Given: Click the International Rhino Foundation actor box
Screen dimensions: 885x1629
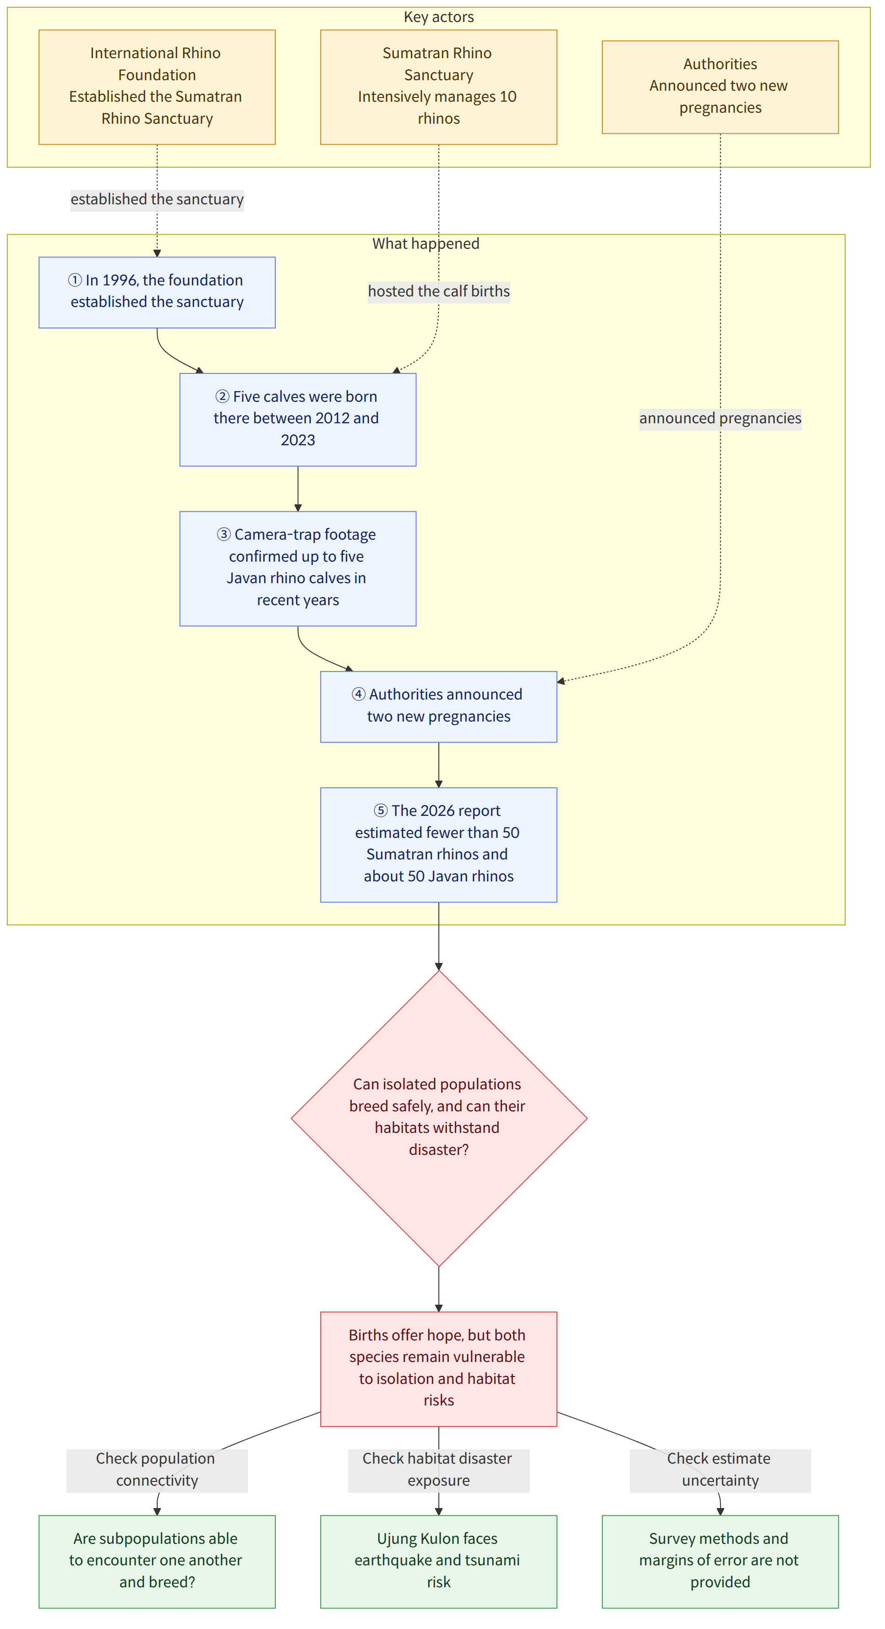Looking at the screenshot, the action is coord(157,87).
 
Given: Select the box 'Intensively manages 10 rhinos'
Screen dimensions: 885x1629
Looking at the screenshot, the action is coord(439,87).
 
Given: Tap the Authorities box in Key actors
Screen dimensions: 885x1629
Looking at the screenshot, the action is coord(720,87).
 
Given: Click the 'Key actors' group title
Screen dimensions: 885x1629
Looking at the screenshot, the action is coord(439,17).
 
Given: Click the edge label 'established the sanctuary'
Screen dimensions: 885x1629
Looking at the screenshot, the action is coord(157,200).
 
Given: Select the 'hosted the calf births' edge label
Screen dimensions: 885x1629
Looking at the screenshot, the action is coord(439,291).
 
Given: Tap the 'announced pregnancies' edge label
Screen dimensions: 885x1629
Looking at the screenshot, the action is coord(720,419).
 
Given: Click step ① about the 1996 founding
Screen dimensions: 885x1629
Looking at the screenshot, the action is coord(157,292).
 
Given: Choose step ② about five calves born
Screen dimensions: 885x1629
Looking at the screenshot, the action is coord(298,419).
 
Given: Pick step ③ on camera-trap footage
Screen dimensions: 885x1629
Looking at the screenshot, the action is coord(298,569).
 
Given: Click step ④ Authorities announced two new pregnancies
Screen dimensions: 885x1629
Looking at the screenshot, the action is coord(439,706).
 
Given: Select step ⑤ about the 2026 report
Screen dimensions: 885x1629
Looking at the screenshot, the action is coord(439,844).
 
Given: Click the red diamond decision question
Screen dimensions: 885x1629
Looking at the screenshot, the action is coord(439,1118).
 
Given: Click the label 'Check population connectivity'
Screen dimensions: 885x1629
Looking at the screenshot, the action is coord(157,1470).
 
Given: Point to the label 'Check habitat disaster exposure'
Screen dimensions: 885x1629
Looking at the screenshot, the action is coord(439,1470).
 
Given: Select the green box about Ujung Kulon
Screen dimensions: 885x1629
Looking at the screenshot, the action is coord(439,1561).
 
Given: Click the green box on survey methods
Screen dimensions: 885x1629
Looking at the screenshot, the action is coord(720,1561).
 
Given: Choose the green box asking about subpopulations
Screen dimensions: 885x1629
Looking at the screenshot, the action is coord(157,1561).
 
